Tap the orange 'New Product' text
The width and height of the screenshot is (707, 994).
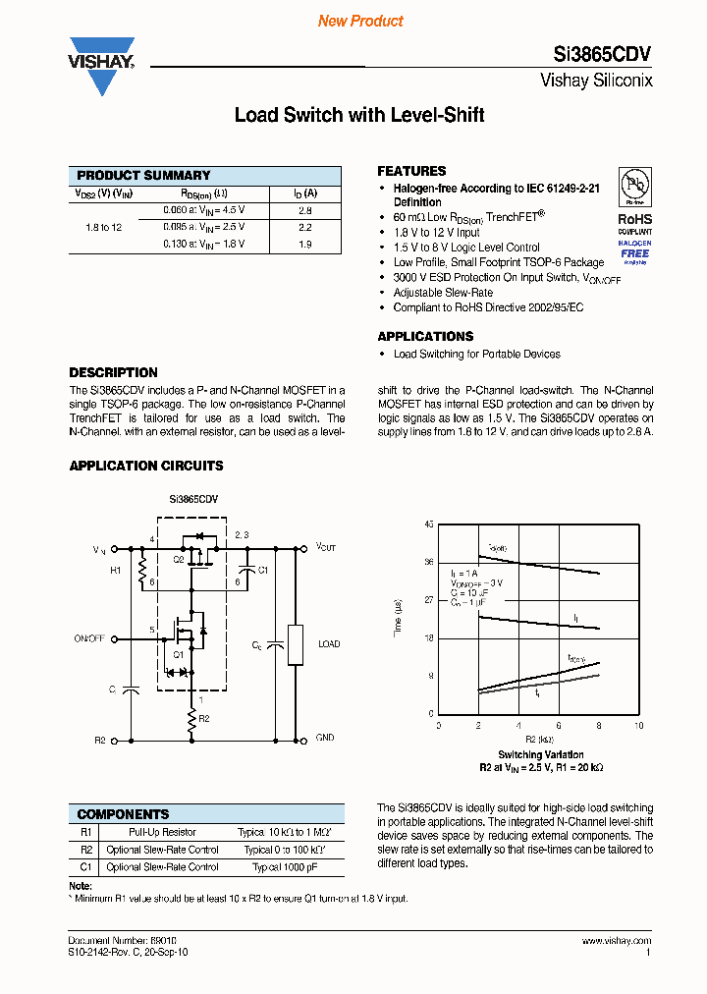click(360, 21)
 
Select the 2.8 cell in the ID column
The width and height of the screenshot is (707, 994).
click(304, 210)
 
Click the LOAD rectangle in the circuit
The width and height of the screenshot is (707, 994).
click(295, 644)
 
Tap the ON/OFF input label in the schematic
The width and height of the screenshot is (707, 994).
click(89, 638)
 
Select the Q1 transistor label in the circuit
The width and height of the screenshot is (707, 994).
click(179, 654)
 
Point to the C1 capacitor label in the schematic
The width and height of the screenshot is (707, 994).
click(263, 570)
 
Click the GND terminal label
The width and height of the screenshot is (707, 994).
click(324, 738)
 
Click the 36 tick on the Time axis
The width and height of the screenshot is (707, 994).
click(428, 563)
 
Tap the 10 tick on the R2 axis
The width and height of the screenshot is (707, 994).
click(638, 726)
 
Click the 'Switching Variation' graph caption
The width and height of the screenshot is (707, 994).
click(540, 754)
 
